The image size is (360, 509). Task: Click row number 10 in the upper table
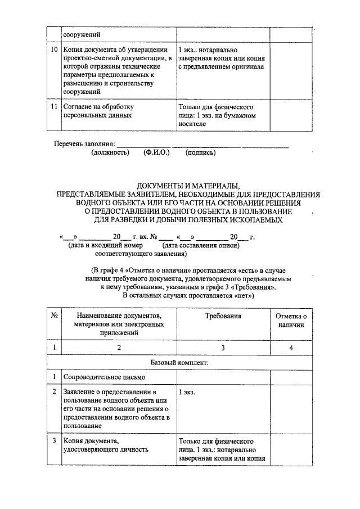pos(54,49)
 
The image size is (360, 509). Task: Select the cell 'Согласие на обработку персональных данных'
pos(98,111)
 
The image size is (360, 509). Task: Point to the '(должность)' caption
pos(110,152)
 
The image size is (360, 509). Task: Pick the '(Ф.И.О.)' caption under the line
pos(156,152)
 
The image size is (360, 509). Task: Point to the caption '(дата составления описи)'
pos(201,245)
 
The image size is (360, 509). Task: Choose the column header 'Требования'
pos(223,316)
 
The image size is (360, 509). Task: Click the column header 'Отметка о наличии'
pos(291,321)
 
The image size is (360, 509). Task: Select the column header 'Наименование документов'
pos(119,316)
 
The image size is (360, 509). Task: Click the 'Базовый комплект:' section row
pos(179,363)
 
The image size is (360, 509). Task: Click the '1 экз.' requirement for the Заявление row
pos(187,392)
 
